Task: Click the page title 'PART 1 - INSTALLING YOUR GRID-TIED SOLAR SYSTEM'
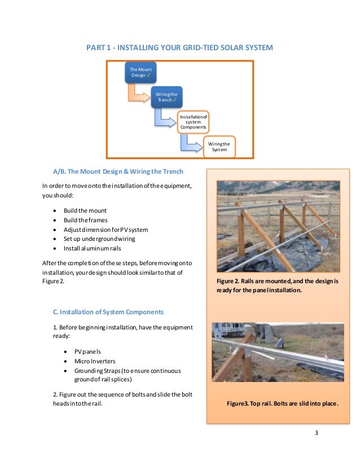tap(179, 48)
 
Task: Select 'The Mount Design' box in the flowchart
tap(141, 72)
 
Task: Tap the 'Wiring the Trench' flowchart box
tap(166, 96)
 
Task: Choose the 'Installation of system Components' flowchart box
tap(193, 121)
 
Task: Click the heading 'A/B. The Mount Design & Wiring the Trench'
tap(117, 171)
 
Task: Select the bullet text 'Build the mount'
tap(85, 210)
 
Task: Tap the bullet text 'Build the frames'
tap(85, 220)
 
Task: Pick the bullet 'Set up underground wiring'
tap(98, 238)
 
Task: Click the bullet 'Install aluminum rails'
tap(92, 248)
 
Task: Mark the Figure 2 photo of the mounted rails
tap(278, 226)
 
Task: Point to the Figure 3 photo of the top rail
tap(278, 351)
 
